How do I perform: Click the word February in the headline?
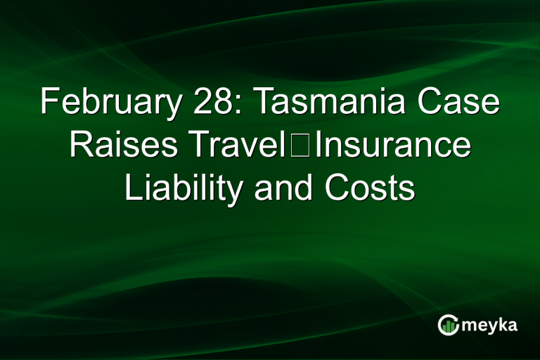coord(104,103)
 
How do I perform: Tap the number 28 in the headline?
coord(209,103)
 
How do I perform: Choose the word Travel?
coord(243,145)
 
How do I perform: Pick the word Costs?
coord(370,188)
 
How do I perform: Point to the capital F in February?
coord(48,103)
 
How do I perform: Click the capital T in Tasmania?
coord(260,103)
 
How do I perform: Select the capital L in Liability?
coord(131,188)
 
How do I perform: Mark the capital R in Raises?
coord(78,145)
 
